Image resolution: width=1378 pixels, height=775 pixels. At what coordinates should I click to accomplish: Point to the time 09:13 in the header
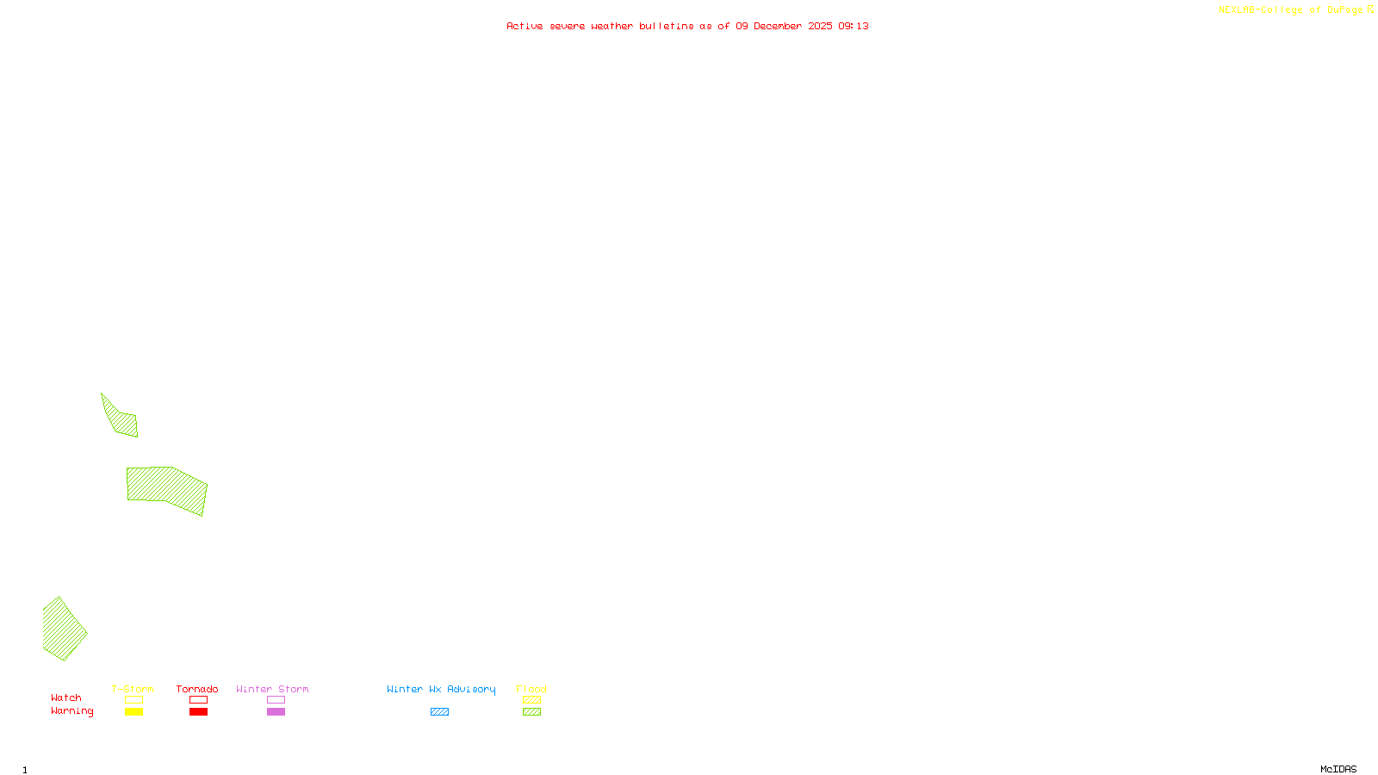(853, 26)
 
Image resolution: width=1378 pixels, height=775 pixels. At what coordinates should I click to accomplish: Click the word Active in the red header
(525, 26)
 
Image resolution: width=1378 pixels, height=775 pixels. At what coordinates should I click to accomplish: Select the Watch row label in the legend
(66, 698)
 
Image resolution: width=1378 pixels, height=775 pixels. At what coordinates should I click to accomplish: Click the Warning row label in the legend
(71, 711)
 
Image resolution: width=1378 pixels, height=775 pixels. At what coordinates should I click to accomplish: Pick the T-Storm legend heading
(133, 689)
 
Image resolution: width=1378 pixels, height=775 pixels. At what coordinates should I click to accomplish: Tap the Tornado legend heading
(197, 689)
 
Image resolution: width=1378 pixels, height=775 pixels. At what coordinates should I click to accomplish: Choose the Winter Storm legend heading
(272, 689)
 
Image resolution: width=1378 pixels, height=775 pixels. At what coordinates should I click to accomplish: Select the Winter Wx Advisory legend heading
(441, 689)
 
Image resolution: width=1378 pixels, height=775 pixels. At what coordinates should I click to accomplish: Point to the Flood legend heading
(531, 689)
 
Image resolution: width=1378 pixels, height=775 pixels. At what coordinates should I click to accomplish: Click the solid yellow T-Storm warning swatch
(133, 712)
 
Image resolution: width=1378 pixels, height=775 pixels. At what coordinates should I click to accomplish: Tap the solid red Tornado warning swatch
(198, 712)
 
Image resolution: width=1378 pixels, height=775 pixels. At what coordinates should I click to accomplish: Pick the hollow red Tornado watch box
(198, 700)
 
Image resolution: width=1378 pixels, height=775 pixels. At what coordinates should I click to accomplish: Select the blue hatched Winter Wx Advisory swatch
(439, 712)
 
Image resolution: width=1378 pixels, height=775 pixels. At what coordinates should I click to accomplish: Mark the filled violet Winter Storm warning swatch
(276, 712)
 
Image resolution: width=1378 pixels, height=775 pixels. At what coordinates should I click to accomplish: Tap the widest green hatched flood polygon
(168, 487)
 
